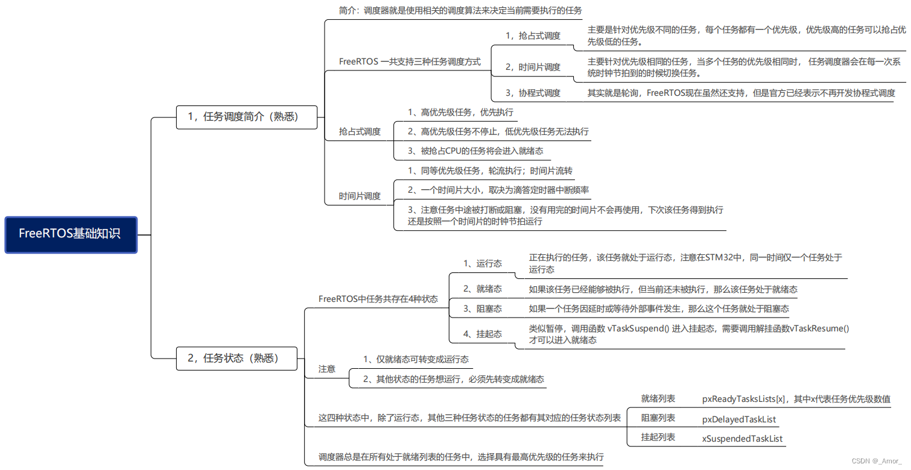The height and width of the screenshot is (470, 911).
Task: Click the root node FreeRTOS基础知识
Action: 71,234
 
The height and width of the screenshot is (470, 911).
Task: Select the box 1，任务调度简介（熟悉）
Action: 246,117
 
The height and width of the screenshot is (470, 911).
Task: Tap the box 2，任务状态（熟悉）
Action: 236,358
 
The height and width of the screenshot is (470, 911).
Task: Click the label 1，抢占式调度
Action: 533,36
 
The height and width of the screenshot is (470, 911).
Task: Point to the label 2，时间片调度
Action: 533,67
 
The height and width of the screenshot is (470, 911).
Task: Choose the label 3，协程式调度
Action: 533,93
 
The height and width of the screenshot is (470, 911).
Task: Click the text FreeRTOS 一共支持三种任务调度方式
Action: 410,61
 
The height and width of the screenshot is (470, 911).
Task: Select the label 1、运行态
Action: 482,263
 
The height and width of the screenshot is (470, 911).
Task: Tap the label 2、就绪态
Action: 482,289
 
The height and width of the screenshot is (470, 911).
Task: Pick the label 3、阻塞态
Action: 482,309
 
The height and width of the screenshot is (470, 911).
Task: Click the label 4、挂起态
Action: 482,334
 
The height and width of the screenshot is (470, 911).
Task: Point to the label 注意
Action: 327,369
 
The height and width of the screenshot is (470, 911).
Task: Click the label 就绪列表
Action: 658,399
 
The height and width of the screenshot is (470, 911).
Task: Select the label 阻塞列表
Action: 658,418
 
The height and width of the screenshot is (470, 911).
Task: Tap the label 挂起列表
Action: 658,437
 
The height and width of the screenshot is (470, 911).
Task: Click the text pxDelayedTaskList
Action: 739,419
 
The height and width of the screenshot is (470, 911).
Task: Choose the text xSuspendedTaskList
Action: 742,439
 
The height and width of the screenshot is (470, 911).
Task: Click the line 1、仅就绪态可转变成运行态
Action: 416,359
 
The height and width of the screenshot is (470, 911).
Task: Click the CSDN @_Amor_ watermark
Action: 876,461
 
